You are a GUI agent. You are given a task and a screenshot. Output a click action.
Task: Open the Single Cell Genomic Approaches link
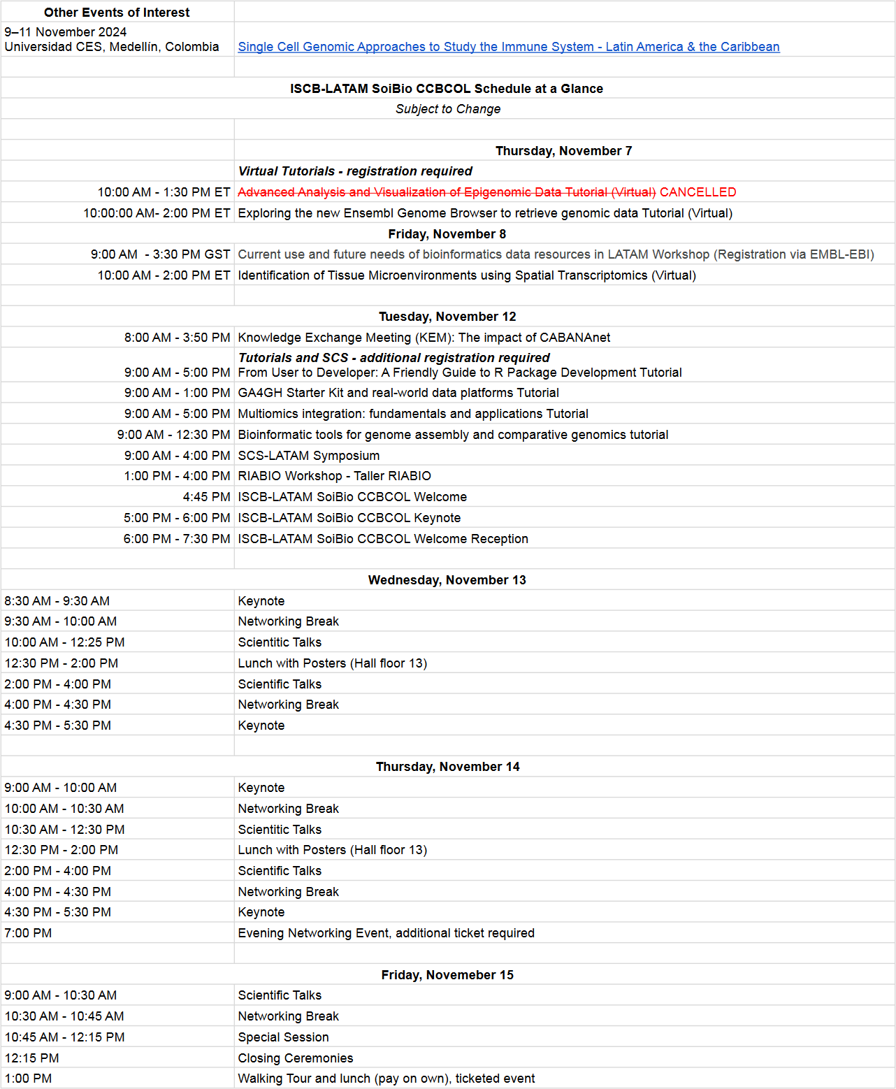508,47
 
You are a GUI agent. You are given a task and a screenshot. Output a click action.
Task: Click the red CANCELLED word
698,192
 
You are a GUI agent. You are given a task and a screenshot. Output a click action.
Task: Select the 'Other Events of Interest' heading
117,13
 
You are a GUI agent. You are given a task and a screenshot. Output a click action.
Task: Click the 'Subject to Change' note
448,109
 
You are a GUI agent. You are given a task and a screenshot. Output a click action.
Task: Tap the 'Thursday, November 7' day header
563,151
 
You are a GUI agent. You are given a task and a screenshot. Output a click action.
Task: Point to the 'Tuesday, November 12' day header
447,317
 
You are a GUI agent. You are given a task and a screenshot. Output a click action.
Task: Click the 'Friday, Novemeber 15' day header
447,974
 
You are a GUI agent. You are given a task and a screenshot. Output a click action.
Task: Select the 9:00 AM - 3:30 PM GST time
160,254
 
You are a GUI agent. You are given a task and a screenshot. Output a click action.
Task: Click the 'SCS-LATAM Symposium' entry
309,456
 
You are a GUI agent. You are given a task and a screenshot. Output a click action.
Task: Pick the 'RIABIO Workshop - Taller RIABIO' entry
334,476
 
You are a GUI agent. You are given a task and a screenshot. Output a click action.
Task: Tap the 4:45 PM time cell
206,497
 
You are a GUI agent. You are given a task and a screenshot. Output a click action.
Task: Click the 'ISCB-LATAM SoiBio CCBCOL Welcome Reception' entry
383,539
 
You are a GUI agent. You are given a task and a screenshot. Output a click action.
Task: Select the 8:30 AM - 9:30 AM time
57,601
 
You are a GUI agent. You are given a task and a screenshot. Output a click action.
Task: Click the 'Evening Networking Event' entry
386,933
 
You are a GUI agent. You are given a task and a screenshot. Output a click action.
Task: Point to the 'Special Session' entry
283,1037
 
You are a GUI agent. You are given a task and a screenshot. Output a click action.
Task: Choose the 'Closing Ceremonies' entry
296,1058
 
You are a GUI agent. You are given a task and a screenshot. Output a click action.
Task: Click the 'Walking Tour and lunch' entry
386,1079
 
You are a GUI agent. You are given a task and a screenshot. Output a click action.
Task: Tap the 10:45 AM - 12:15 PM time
64,1037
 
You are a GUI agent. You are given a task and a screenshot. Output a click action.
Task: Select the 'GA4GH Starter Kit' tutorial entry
398,393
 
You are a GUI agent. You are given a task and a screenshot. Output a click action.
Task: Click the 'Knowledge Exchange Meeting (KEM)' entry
424,338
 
